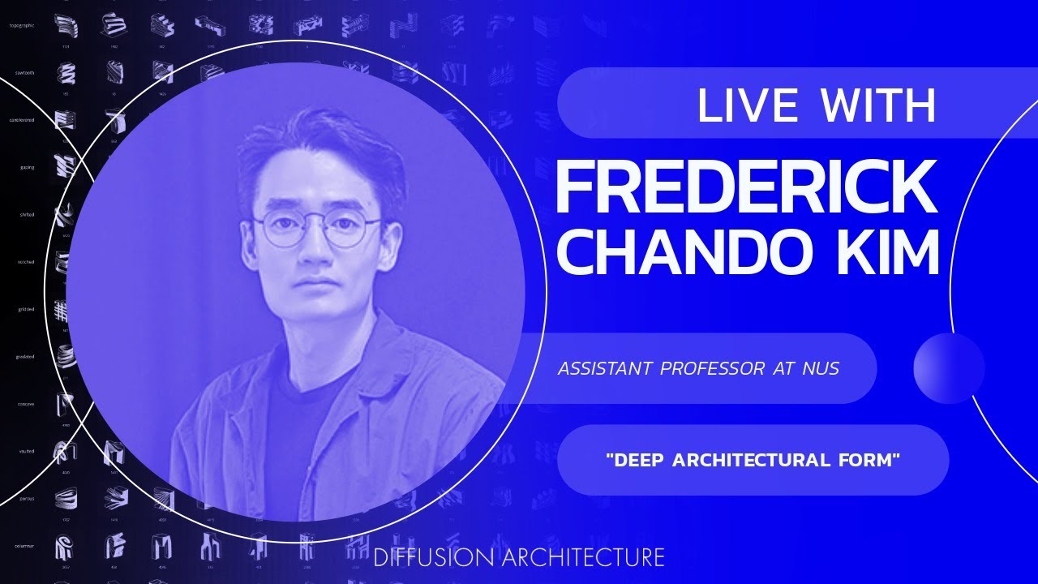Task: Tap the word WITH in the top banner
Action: click(x=879, y=105)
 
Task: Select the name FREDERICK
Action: click(x=746, y=188)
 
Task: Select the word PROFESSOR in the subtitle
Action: click(x=711, y=368)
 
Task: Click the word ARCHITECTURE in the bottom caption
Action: click(x=583, y=558)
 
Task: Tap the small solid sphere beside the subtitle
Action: click(x=949, y=368)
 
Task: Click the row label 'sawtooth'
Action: click(x=24, y=73)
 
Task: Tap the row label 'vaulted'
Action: click(x=27, y=450)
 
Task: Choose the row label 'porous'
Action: click(x=26, y=498)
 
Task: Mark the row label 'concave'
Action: click(x=26, y=403)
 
